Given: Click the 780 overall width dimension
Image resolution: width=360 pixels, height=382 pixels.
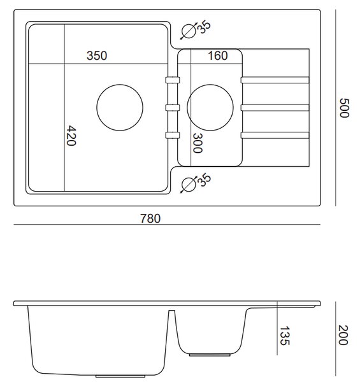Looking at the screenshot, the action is (150, 218).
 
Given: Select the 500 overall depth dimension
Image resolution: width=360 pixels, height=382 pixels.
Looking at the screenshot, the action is (345, 108).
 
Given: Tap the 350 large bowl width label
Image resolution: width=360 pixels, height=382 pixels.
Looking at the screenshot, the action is (97, 55).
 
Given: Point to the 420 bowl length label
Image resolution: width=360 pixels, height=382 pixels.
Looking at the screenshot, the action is (71, 136).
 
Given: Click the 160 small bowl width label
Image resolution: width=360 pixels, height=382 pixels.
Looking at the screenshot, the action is (218, 55).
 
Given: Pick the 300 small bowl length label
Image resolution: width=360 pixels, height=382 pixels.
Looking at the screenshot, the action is (198, 143).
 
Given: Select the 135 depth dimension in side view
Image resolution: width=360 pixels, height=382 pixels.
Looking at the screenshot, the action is (284, 336).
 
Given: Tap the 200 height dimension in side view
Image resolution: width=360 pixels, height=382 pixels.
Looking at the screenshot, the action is (343, 336).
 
